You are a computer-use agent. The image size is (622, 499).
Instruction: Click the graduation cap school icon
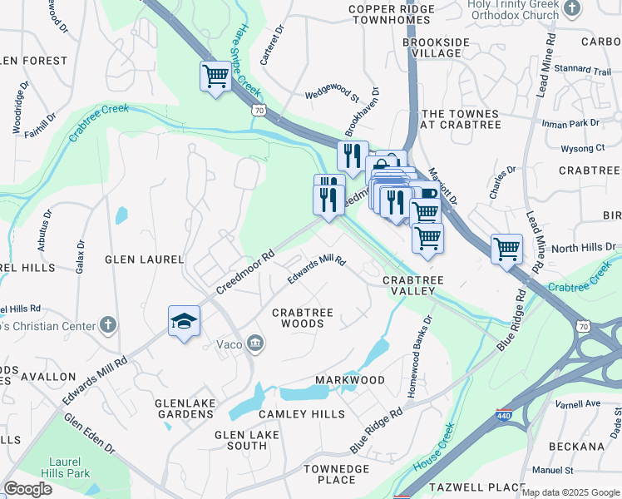coord(184,322)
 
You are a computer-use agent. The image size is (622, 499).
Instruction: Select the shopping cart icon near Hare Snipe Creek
coord(215,77)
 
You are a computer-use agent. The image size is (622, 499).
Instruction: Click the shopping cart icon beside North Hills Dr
coord(506,248)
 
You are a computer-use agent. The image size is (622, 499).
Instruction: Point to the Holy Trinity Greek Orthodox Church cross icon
coord(570,8)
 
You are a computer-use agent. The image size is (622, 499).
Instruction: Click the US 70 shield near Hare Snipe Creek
coord(260,108)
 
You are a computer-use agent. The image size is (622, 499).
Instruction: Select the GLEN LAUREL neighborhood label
coord(144,259)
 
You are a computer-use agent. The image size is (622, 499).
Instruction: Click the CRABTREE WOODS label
coord(304,318)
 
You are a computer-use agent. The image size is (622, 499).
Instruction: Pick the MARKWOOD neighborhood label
coord(349,380)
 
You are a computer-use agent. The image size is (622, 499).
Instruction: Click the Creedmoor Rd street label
coord(245,273)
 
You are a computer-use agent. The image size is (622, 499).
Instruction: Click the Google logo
coord(27,489)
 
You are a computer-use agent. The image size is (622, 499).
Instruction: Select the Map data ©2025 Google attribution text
coord(570,492)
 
